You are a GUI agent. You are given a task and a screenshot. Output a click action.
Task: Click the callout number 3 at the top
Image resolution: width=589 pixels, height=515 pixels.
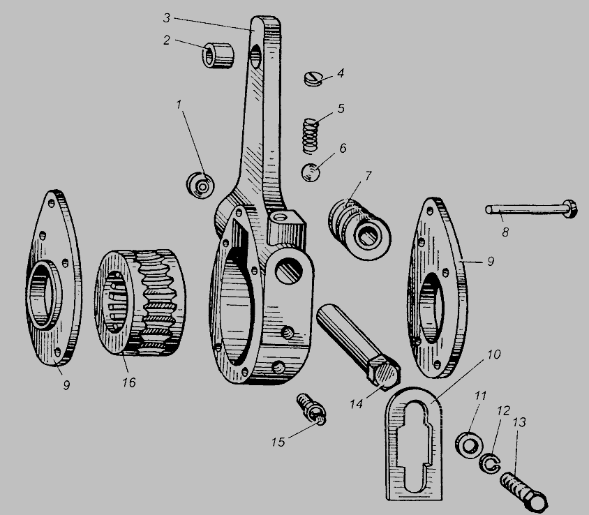tap(167, 18)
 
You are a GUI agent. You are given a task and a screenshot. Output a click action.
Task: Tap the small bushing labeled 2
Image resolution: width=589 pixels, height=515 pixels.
tap(218, 56)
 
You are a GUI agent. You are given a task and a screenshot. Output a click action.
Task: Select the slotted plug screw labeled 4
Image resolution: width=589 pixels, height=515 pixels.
tap(313, 79)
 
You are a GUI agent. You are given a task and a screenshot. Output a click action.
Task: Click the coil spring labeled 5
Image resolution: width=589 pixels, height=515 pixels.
tap(311, 136)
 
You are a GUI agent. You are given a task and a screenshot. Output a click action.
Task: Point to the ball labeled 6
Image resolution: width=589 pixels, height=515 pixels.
tap(311, 172)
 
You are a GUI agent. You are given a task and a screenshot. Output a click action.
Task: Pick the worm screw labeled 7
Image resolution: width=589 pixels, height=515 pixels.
tap(359, 229)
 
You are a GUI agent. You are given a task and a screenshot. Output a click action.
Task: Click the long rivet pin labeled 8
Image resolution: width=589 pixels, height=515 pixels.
tap(531, 209)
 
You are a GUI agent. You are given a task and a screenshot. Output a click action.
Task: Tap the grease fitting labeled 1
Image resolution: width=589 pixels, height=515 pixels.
tap(200, 185)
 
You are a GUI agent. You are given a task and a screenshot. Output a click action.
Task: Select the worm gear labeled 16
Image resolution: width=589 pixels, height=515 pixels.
tap(140, 302)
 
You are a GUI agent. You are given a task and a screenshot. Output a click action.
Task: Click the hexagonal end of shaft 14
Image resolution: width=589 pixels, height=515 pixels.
tap(385, 373)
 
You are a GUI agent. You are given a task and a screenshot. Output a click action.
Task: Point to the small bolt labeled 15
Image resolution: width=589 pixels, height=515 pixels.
tap(311, 409)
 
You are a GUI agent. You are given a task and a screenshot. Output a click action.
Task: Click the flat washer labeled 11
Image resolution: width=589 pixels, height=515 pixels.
tap(468, 445)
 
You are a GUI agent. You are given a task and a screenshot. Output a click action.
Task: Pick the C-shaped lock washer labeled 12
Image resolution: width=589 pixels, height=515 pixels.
tap(490, 464)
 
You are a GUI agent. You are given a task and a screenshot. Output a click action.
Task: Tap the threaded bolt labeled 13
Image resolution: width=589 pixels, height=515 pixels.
tap(523, 491)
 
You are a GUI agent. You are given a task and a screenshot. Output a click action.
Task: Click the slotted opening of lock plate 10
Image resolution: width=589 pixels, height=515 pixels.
tap(412, 446)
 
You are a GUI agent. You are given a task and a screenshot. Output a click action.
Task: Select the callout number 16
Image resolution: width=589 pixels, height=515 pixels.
tap(128, 382)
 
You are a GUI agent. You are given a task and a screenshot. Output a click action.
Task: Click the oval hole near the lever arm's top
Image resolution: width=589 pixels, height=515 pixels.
tap(255, 57)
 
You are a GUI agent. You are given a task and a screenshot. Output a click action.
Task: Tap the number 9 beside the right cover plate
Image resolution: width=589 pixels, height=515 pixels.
tap(491, 262)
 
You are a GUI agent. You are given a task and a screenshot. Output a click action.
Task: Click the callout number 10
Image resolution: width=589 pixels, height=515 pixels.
tap(494, 354)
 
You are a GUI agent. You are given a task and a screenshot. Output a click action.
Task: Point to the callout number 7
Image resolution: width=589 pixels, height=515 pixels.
tap(368, 176)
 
